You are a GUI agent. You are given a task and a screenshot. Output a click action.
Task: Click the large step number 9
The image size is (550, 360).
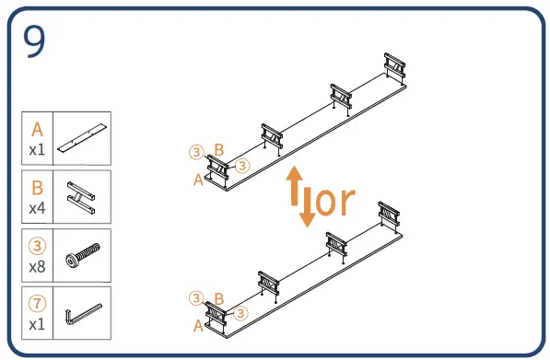click(x=34, y=41)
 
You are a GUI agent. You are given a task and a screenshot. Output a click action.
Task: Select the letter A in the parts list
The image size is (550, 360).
click(x=37, y=129)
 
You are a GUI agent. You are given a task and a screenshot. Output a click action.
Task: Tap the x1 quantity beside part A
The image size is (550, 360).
click(x=37, y=150)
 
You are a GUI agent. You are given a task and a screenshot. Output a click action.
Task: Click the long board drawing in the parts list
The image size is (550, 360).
click(x=82, y=138)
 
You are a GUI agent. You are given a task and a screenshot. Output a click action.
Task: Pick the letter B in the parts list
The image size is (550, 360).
click(x=37, y=188)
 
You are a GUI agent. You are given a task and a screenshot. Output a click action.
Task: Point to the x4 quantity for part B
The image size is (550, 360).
click(x=37, y=208)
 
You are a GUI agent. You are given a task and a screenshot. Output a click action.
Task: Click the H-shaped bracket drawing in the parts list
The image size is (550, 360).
click(x=81, y=197)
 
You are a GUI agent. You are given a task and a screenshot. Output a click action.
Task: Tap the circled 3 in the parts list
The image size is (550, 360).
click(x=37, y=246)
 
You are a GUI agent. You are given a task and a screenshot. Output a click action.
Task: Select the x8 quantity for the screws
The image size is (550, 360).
click(x=37, y=267)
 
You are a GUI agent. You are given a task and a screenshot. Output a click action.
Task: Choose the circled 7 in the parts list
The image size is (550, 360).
click(x=37, y=304)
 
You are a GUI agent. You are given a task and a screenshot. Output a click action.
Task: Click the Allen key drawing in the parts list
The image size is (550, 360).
click(x=83, y=315)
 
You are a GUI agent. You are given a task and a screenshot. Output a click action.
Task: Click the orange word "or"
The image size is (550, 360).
click(x=335, y=201)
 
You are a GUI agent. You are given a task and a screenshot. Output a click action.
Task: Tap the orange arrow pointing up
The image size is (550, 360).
click(x=294, y=185)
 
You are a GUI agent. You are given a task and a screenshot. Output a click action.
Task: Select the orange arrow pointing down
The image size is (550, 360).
click(x=308, y=207)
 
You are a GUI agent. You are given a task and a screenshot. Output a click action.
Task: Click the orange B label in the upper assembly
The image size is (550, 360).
click(x=219, y=150)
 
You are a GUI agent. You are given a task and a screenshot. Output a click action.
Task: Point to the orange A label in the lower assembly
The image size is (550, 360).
click(x=198, y=326)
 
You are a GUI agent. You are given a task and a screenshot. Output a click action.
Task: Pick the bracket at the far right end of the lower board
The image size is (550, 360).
click(x=389, y=215)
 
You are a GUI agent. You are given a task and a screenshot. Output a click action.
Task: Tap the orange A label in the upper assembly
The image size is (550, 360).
click(x=198, y=180)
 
